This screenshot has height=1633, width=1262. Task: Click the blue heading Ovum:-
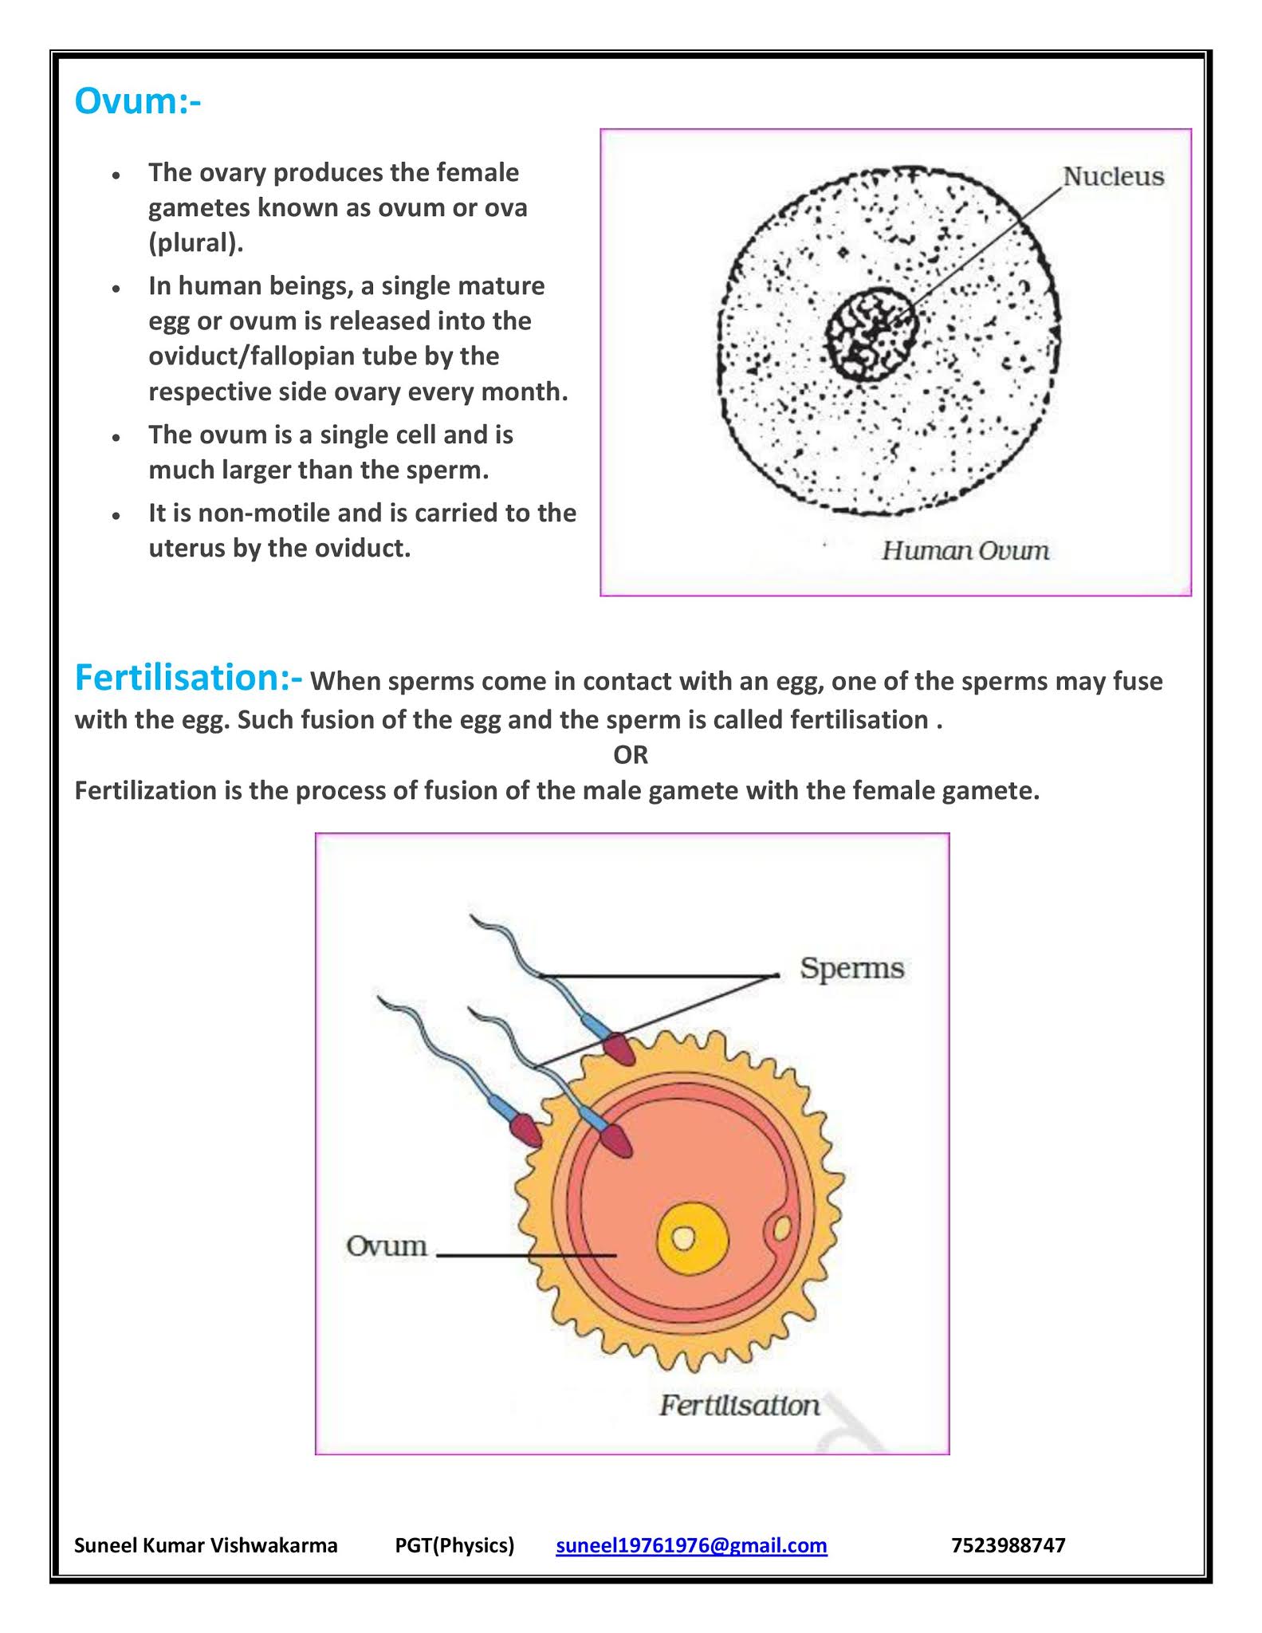[137, 101]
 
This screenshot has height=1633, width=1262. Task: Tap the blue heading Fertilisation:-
[188, 678]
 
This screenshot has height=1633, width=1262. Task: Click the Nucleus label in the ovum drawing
[1113, 176]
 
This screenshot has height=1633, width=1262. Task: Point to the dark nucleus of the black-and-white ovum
[872, 334]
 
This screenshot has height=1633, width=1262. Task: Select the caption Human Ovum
[965, 550]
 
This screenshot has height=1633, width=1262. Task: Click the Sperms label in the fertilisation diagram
[851, 968]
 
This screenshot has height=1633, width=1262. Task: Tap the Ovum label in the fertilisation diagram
[386, 1245]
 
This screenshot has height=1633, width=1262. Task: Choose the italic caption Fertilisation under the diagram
[739, 1404]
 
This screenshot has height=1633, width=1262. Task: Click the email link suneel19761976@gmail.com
[691, 1545]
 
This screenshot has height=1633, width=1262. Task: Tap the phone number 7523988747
[1008, 1545]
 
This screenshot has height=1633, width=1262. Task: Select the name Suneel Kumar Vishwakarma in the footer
[206, 1545]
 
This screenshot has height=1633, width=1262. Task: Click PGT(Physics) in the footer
[454, 1545]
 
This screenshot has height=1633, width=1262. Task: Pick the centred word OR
[631, 754]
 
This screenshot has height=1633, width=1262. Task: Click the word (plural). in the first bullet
[196, 242]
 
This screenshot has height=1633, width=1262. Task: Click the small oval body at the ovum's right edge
[780, 1229]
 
